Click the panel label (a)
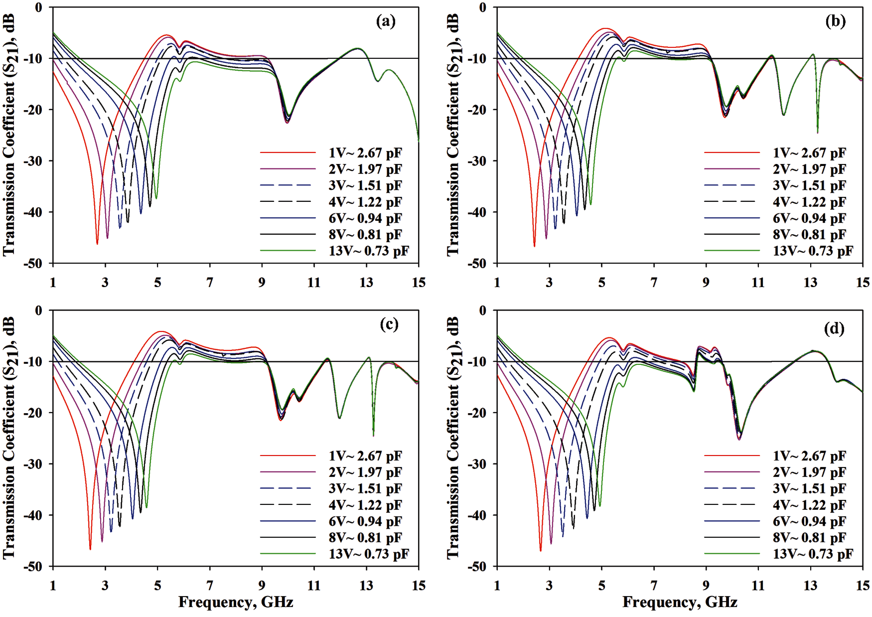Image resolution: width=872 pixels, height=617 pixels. (x=385, y=21)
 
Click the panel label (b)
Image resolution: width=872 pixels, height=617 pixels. (x=835, y=21)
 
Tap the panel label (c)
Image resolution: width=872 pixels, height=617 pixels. (x=389, y=324)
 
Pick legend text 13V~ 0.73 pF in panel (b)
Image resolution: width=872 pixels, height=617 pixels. (x=813, y=251)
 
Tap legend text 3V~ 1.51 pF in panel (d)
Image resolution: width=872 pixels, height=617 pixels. (x=809, y=489)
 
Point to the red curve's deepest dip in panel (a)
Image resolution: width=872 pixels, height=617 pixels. (x=97, y=243)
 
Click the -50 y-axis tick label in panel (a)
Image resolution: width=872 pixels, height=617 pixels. (x=33, y=264)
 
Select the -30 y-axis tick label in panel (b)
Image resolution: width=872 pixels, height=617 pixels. (x=477, y=161)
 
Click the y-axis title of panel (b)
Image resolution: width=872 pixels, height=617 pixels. (x=453, y=135)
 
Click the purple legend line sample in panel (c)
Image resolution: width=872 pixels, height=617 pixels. (x=288, y=472)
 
